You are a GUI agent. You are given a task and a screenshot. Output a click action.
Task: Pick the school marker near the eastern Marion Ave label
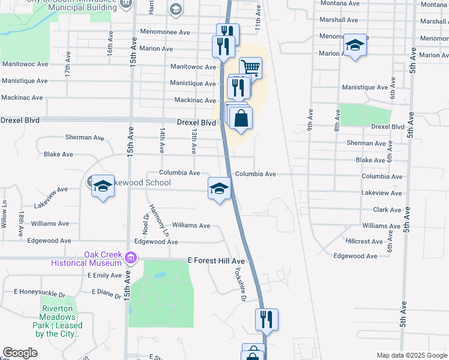[x=355, y=46]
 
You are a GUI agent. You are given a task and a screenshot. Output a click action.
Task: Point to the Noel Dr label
[x=146, y=223]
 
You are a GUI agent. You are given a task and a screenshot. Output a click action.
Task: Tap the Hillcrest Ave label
[x=364, y=241]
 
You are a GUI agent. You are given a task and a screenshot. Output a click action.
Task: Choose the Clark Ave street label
[x=387, y=210]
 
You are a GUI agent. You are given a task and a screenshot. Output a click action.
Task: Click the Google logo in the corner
[x=20, y=353]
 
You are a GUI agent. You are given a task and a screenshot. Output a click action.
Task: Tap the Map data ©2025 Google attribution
[x=411, y=355]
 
